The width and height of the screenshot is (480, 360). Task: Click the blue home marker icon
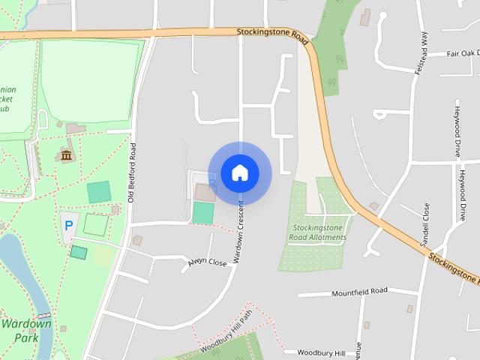click(x=239, y=172)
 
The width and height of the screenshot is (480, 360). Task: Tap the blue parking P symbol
click(x=69, y=225)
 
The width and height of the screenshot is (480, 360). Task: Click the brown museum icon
click(x=66, y=155)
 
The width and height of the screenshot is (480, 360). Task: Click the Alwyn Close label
click(x=207, y=262)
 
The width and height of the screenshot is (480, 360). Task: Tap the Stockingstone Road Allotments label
click(x=318, y=232)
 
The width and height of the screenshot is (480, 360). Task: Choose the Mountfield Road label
click(x=359, y=290)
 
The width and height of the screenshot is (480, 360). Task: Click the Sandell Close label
click(x=425, y=225)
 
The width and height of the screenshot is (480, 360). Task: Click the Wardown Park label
click(x=26, y=331)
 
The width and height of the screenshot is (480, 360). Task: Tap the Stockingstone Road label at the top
click(x=271, y=33)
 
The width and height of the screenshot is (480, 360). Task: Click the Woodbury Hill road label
click(x=320, y=352)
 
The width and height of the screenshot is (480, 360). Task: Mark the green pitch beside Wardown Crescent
click(x=202, y=212)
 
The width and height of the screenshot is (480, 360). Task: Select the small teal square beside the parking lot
click(x=78, y=252)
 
